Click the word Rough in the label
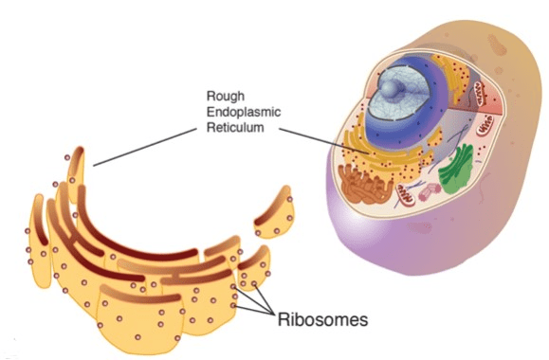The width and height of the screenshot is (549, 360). (225, 96)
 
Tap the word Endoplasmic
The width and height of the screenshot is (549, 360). (244, 112)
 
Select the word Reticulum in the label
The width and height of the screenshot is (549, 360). (235, 127)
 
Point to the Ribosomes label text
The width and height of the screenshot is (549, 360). (322, 319)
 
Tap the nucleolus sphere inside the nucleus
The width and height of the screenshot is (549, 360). (393, 88)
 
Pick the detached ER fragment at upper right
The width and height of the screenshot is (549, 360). (275, 213)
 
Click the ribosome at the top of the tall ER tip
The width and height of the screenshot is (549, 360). (67, 158)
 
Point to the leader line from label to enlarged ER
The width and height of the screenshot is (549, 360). (145, 147)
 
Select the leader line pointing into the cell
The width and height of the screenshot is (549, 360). (324, 141)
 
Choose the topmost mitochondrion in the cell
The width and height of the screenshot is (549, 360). (480, 94)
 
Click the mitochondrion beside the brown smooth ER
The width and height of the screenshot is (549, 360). (406, 195)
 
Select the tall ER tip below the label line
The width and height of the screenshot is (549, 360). (76, 173)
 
